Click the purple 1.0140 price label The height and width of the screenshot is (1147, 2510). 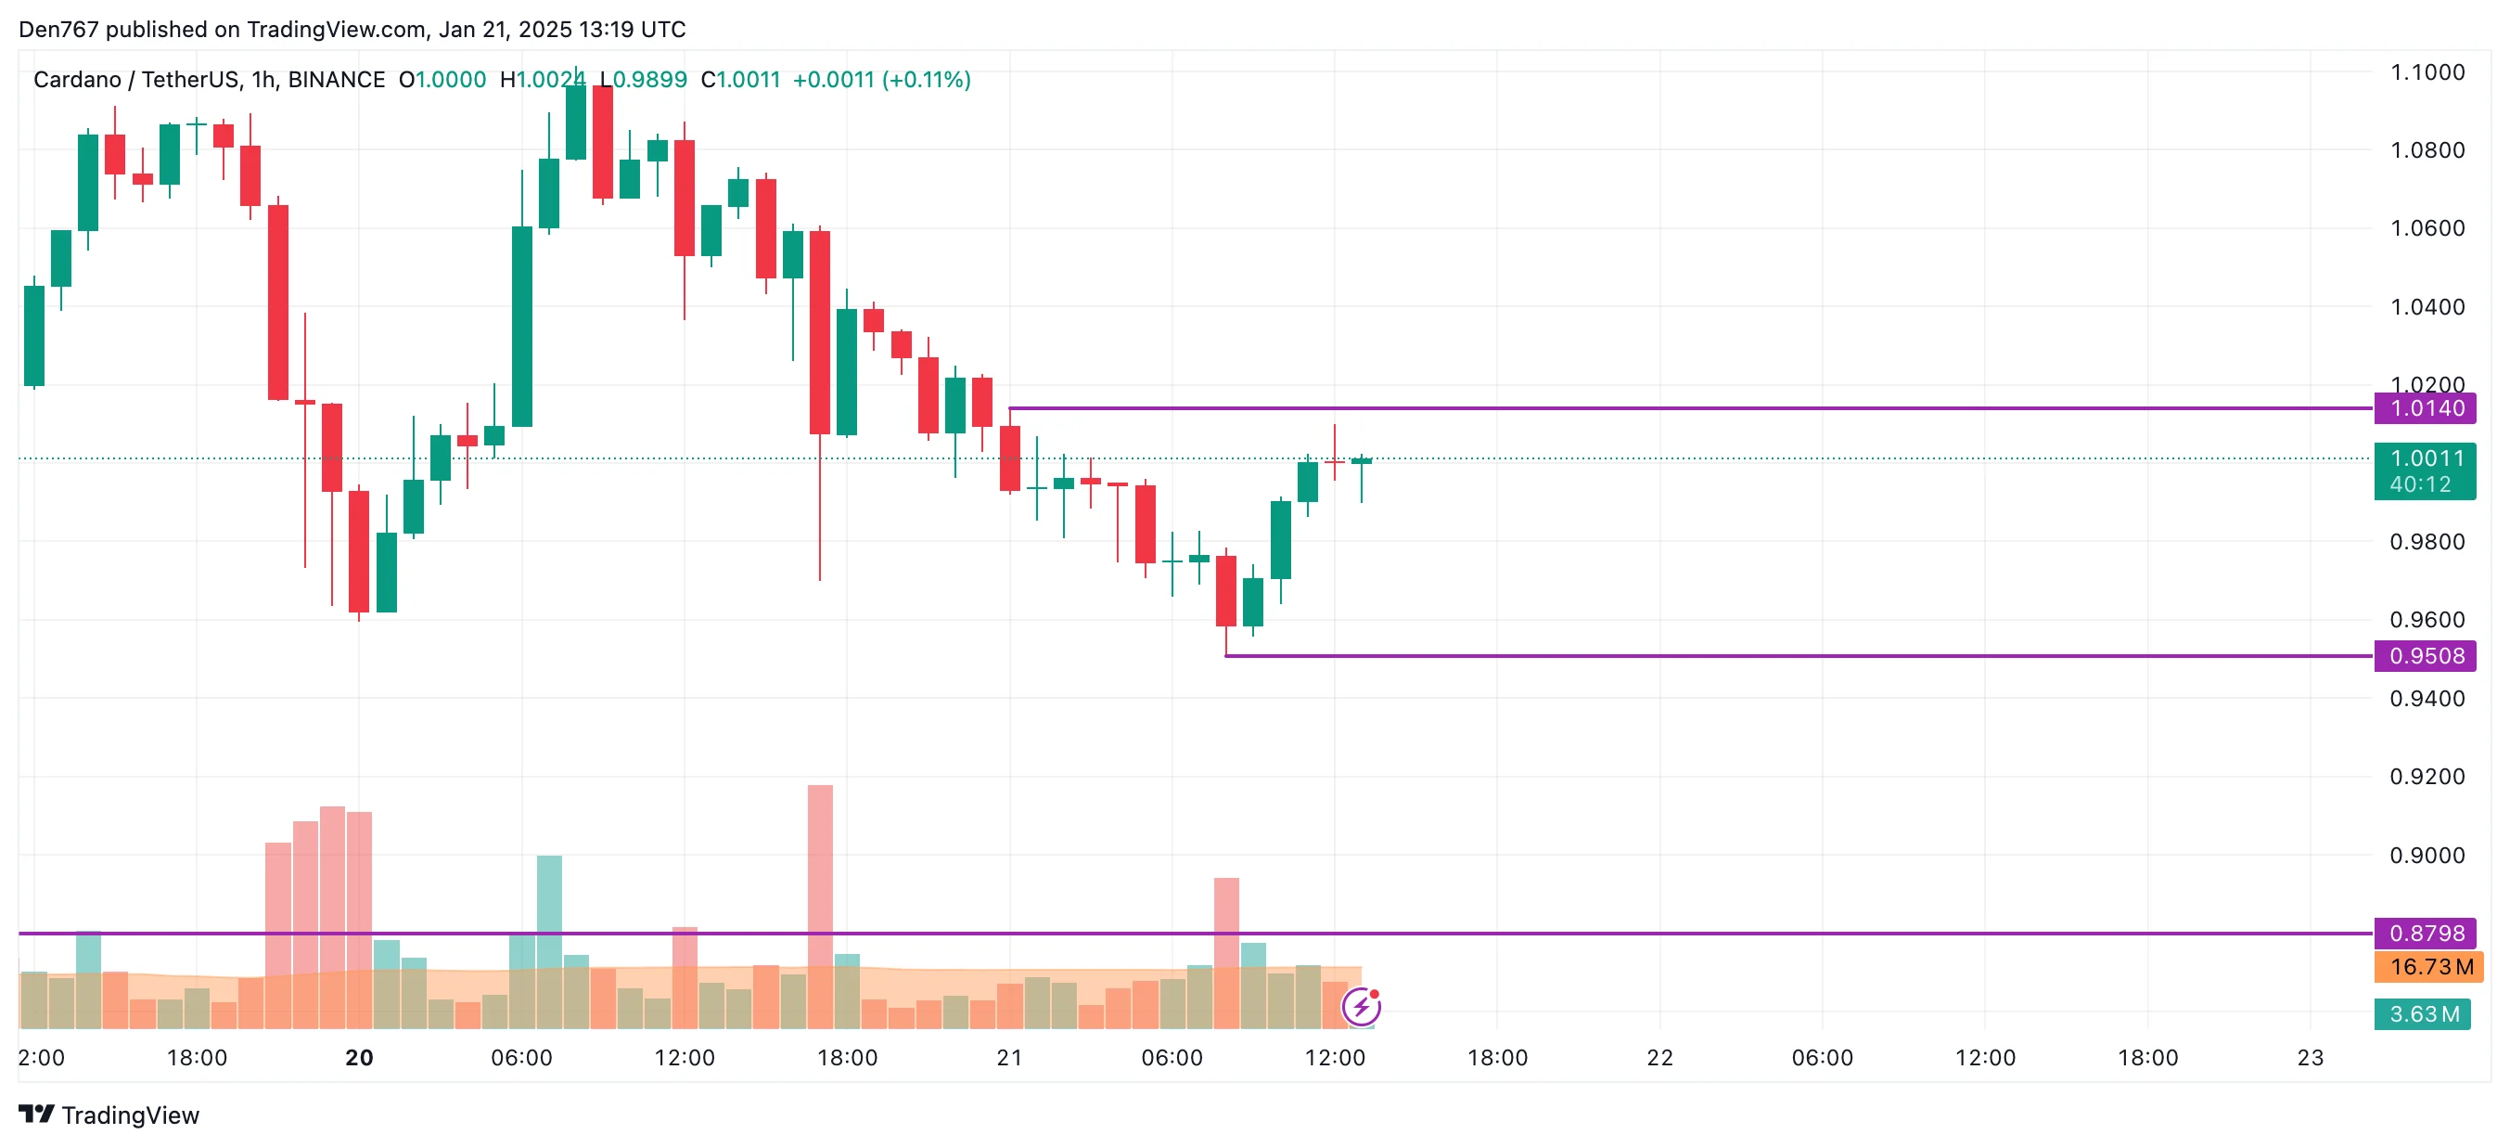[2425, 408]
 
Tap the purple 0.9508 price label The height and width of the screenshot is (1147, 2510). [2425, 656]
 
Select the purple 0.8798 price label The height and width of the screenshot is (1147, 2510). [2425, 933]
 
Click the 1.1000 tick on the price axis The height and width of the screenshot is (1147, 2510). [2427, 72]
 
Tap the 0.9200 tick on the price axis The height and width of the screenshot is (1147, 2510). [2427, 777]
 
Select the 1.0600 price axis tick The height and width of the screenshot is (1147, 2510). [2427, 228]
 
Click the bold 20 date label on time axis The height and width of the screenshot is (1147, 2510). [359, 1057]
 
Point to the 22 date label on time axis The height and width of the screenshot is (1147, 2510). [1659, 1057]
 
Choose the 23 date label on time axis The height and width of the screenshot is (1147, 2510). [2310, 1057]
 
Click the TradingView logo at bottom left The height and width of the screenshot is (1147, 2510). [109, 1115]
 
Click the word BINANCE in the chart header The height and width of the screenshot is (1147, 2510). [336, 80]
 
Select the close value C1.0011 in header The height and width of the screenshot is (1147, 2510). [740, 80]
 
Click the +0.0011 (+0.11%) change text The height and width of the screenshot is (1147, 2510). [881, 80]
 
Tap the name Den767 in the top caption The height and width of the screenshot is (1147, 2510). [58, 30]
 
